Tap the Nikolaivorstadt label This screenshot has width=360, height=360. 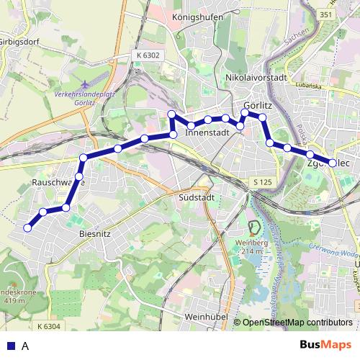tap(256, 77)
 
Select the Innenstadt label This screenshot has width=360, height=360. tap(207, 133)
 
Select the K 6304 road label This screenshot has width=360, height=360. tap(46, 327)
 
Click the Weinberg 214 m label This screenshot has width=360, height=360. tap(253, 247)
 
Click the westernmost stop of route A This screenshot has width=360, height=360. tap(27, 228)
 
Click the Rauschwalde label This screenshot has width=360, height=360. tap(59, 183)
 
